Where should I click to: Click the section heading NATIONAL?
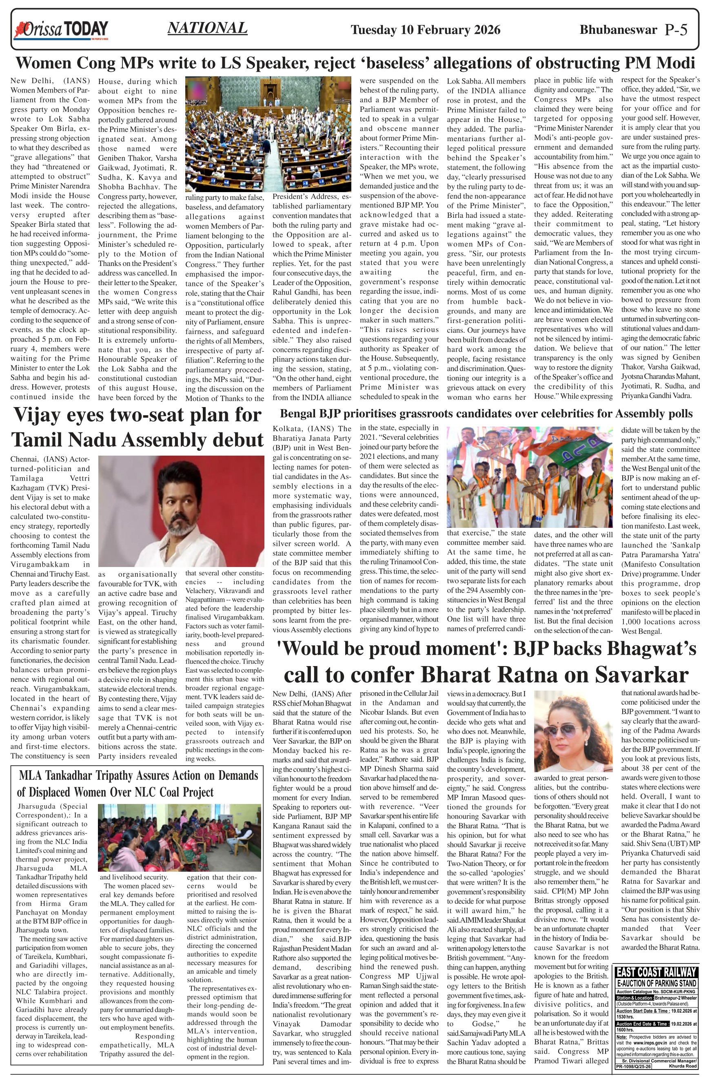pos(207,28)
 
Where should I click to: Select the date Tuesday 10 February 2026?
pos(425,30)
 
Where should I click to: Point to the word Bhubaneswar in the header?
pos(618,30)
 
